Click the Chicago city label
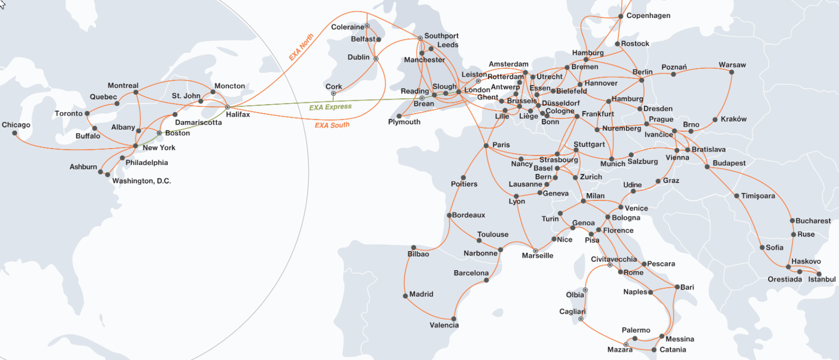point(16,125)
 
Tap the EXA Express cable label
point(330,107)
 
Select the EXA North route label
point(301,47)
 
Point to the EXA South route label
point(332,125)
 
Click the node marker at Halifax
point(227,107)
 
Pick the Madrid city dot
point(406,296)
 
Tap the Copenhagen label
point(648,16)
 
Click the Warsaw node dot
point(731,72)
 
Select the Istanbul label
point(822,279)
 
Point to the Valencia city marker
point(453,319)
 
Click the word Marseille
point(537,256)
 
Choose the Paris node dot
point(486,146)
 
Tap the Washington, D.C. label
point(141,181)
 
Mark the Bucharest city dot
point(792,220)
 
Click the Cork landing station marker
point(333,93)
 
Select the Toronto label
point(69,114)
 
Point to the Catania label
point(672,350)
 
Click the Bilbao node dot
point(414,247)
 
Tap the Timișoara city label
point(758,196)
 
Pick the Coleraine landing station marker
point(367,26)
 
